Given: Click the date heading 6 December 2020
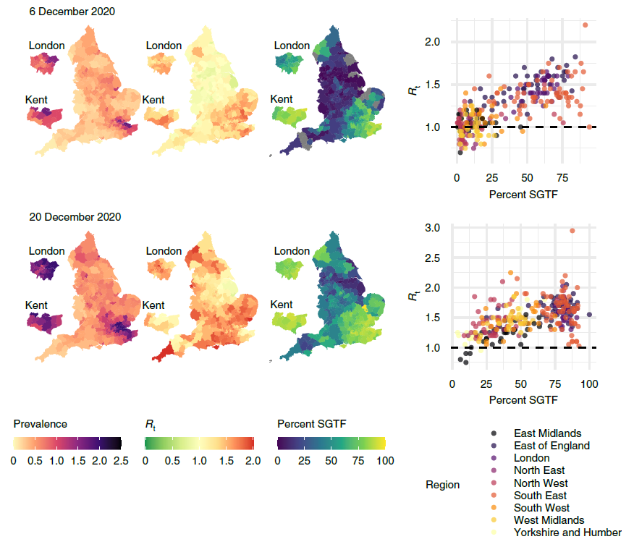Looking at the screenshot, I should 72,12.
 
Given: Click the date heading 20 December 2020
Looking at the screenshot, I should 75,217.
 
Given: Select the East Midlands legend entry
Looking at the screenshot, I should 547,433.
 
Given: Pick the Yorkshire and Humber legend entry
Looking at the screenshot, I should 567,532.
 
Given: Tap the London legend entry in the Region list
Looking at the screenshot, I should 531,458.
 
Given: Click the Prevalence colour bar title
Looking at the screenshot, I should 40,424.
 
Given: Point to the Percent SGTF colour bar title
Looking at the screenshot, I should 312,424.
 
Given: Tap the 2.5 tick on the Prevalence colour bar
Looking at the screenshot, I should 119,460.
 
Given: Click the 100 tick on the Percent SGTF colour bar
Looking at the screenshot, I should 384,460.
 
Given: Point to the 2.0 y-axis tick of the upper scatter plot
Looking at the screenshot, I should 433,42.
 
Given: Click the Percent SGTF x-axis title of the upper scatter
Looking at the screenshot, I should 523,195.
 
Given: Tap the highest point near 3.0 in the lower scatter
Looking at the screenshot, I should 572,231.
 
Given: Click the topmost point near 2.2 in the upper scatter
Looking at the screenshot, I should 585,25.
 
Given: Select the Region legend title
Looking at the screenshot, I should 442,485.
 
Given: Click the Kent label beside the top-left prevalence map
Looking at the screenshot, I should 37,99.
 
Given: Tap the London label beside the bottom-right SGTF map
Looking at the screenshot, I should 292,251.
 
